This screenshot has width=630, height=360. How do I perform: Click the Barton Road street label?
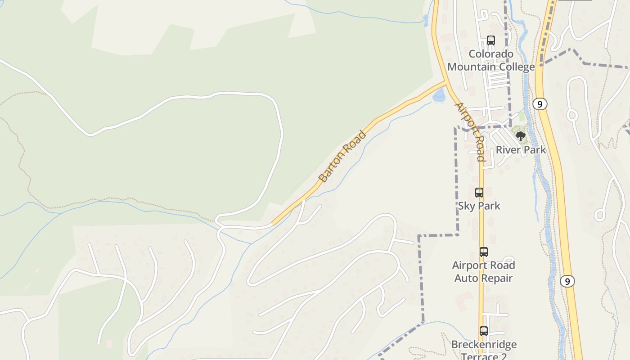342,156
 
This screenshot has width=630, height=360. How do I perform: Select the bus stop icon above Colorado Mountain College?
491,40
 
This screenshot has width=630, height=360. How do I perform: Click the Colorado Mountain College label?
491,60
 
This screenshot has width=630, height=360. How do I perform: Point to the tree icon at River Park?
521,136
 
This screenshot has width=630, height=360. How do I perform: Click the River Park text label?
521,150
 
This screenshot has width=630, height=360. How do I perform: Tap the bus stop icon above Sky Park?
479,193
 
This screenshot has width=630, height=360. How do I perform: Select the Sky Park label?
479,206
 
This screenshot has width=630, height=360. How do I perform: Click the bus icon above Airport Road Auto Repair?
484,252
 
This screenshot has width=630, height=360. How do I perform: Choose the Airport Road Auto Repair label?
484,271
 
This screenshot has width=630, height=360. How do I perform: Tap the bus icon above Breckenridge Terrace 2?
484,331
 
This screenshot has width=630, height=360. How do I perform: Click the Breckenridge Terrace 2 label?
484,351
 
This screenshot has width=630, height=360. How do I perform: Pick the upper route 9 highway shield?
540,104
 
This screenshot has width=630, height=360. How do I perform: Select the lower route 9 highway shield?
568,281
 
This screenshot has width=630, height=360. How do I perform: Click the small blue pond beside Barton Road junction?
439,95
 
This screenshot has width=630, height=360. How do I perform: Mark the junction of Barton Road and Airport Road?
446,83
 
